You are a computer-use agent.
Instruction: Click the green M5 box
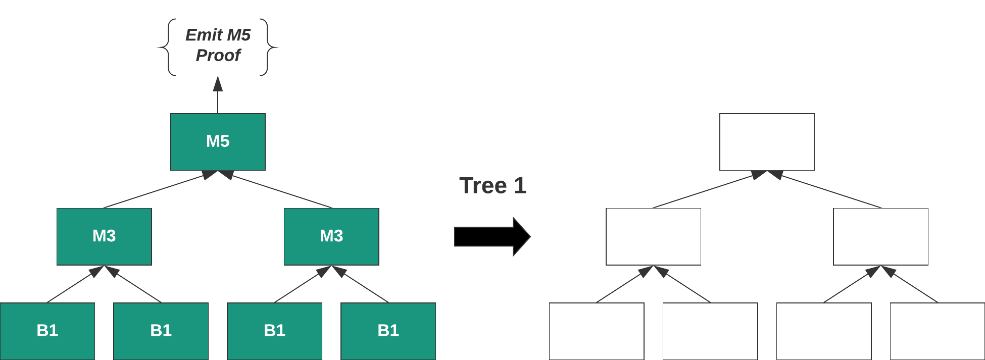(x=218, y=141)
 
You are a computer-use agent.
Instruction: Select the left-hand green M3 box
(x=104, y=236)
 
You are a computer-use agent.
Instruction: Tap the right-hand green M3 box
(x=331, y=236)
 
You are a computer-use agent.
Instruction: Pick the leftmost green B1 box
(x=47, y=331)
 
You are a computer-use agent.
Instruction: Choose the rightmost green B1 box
(x=388, y=331)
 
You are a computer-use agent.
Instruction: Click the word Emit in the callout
(x=204, y=35)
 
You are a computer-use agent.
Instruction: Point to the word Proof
(x=218, y=55)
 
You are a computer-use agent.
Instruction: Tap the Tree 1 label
(x=492, y=185)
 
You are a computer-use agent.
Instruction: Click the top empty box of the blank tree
(x=767, y=141)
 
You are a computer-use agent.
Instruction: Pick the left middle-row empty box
(x=653, y=236)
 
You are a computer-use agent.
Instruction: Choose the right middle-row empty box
(x=880, y=236)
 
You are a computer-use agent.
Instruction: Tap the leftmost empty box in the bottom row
(x=597, y=331)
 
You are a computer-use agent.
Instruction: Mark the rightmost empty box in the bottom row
(x=937, y=331)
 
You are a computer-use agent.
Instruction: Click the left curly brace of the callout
(x=167, y=47)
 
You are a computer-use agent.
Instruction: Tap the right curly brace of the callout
(x=269, y=47)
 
